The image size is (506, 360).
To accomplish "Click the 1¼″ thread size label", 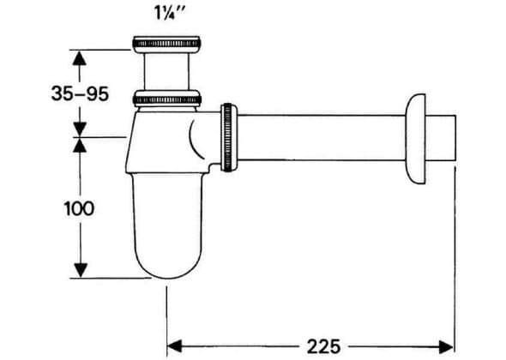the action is coord(171,14).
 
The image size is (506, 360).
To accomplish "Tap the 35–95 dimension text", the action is coord(80,94).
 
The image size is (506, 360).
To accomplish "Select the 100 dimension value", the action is coord(80,208).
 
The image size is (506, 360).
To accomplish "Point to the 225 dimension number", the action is coord(323,346).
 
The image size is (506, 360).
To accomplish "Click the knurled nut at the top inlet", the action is coord(166,44).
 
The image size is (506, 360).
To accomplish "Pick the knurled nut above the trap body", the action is coord(167,99).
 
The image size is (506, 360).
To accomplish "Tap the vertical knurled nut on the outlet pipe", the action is coord(229,137).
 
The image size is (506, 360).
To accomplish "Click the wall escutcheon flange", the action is coord(415,139).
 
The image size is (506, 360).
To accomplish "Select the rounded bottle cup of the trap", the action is coord(168,225).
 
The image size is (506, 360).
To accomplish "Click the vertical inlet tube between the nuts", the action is coord(166,71).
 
